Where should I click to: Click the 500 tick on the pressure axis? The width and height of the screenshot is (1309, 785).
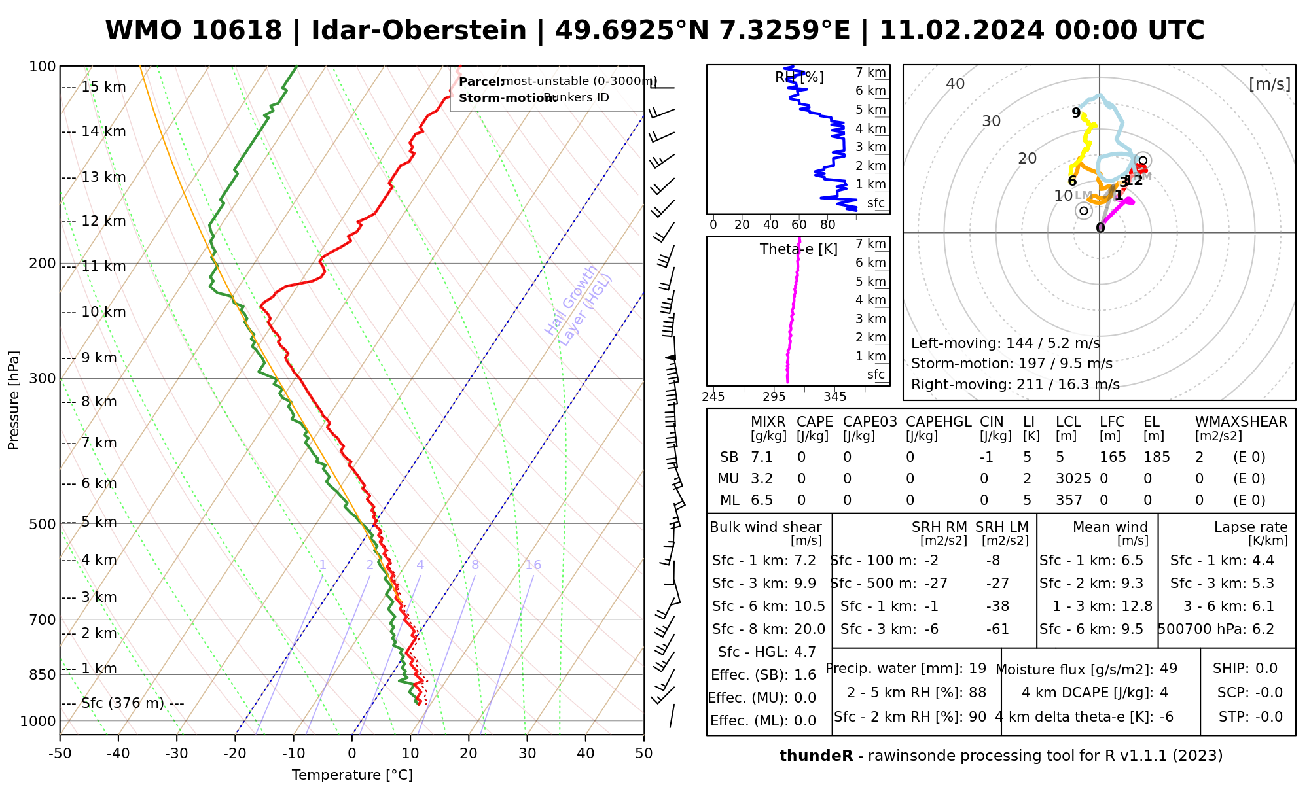click(43, 524)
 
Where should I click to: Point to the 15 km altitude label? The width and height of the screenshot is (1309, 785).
click(103, 87)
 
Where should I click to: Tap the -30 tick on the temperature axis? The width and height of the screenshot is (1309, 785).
click(177, 754)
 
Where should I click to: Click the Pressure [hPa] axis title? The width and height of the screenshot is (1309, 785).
click(14, 400)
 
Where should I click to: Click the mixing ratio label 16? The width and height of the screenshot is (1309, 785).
click(533, 565)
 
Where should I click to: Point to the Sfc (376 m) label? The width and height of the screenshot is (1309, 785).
click(122, 703)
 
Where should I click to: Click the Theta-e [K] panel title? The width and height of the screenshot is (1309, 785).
click(798, 249)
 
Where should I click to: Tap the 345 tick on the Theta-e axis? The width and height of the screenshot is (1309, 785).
click(834, 397)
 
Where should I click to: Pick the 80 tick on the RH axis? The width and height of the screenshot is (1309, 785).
click(828, 225)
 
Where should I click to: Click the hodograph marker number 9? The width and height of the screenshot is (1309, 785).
click(1076, 113)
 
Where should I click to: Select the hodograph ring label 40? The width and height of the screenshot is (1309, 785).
click(956, 84)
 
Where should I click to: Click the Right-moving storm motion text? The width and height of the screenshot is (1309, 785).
click(1015, 385)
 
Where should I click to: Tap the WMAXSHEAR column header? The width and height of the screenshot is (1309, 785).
click(1241, 422)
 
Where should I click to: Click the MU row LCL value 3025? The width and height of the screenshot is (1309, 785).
click(1073, 479)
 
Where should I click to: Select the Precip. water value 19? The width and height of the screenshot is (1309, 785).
click(977, 669)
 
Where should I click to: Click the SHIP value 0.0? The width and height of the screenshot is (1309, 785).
click(1266, 669)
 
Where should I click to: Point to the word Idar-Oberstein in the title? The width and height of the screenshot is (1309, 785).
click(419, 31)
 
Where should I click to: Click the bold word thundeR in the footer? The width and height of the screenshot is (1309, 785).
click(816, 756)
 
